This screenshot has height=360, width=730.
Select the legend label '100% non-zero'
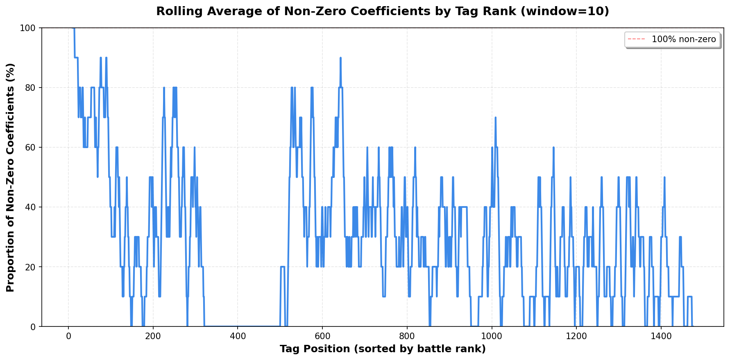pos(684,39)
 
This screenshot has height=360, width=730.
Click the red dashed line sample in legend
pos(637,39)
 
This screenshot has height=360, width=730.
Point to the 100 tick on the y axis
pos(30,28)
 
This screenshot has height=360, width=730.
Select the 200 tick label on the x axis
pos(153,336)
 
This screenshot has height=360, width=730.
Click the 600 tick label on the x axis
pos(322,336)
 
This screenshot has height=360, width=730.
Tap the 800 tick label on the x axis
pos(407,336)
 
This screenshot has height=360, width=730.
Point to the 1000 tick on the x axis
pos(492,336)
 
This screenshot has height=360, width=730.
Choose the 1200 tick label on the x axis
pos(576,336)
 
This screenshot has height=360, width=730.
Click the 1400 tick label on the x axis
pos(661,336)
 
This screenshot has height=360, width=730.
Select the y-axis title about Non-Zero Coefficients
pos(11,177)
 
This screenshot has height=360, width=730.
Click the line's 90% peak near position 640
pos(340,58)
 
